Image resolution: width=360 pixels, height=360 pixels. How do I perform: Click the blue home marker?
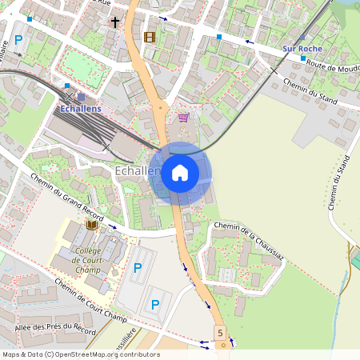[180, 173]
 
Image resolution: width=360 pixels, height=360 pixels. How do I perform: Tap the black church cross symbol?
[115, 22]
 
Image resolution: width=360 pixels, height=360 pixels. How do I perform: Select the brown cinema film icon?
[149, 37]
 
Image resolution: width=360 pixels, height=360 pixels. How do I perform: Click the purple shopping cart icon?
[183, 118]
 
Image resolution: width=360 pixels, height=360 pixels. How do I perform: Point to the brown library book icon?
[91, 226]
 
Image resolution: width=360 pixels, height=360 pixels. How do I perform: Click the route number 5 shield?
[219, 331]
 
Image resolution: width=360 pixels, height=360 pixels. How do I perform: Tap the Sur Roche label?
[301, 49]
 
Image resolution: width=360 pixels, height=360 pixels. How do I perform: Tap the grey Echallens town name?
[136, 170]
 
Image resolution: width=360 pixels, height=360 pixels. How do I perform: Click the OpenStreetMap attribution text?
[81, 354]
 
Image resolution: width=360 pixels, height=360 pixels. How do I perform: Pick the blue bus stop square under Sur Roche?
[302, 58]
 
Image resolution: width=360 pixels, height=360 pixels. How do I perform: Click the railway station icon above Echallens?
[81, 96]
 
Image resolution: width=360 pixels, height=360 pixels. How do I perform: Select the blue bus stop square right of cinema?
[219, 37]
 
